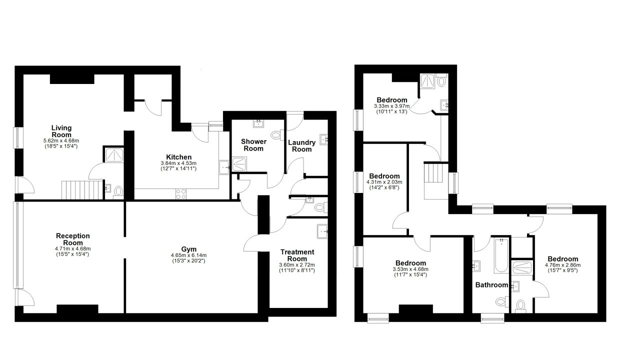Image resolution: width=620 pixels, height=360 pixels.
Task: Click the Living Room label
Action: pos(61,131)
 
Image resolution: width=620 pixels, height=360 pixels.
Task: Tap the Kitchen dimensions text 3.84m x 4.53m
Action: pos(178,163)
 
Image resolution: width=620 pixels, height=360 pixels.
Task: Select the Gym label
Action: pos(189,249)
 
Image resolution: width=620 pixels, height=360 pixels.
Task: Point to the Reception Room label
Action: pos(73,239)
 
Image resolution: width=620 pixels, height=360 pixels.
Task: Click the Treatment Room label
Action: pos(297,255)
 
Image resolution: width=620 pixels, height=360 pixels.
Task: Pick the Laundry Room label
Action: pos(301,146)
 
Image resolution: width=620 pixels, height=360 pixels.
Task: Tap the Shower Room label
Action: pos(253,145)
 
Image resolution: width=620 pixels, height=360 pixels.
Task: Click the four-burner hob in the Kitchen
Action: pos(181,193)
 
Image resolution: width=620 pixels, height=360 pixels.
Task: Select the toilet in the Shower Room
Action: pos(277,135)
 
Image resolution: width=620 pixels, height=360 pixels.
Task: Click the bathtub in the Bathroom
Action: pos(501,255)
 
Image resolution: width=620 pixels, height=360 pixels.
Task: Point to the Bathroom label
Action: pos(491,285)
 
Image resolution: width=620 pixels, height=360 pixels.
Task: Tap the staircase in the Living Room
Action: pos(82,190)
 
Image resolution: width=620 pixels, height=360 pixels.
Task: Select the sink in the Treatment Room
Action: pos(322,231)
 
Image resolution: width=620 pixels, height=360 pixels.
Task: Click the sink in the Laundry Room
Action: pos(324,139)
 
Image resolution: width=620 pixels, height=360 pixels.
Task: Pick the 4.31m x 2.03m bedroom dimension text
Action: pos(384,182)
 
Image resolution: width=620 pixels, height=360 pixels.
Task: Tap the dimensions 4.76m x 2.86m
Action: pos(562,265)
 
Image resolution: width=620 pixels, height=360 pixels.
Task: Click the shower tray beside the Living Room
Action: pos(114,155)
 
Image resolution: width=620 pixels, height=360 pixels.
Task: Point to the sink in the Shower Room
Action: pos(258,123)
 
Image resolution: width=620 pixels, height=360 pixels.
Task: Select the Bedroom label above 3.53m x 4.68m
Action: pos(410,263)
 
